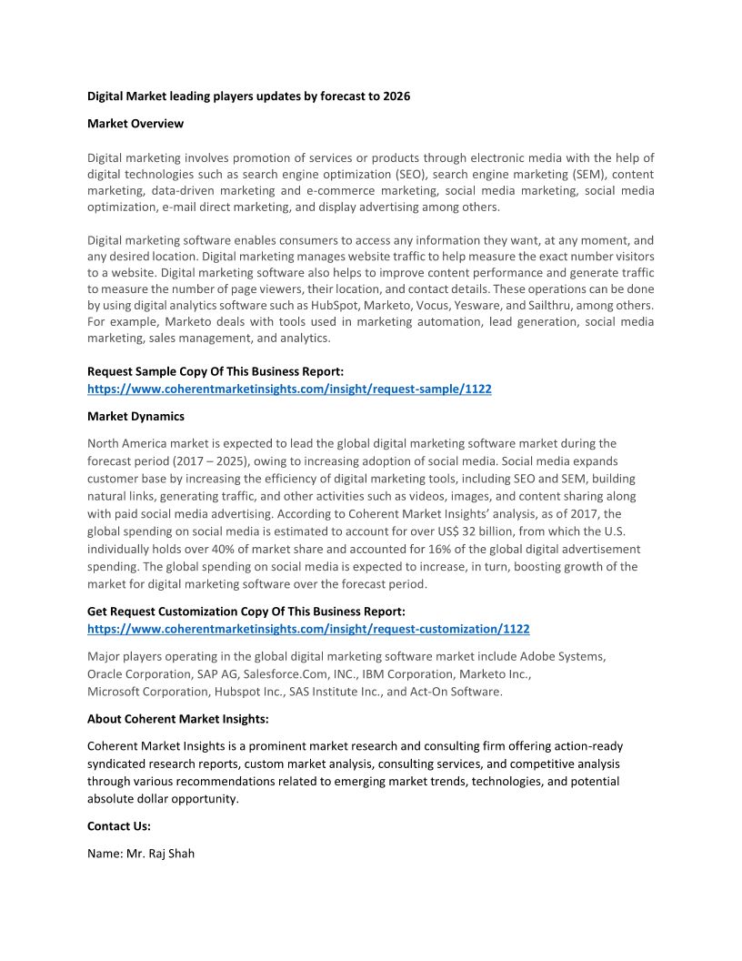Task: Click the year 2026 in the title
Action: (396, 96)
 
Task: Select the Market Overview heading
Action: (135, 123)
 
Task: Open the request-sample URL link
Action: (289, 389)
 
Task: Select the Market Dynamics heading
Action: (135, 416)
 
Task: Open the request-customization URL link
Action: (308, 629)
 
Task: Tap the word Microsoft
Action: (115, 692)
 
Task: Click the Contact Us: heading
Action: (119, 826)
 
